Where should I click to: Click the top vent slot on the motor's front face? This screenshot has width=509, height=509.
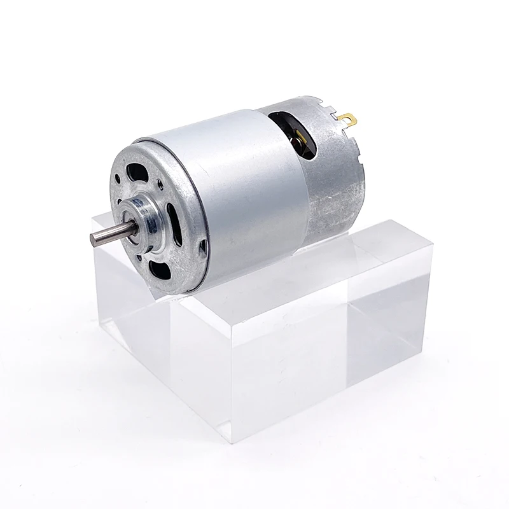pos(137,172)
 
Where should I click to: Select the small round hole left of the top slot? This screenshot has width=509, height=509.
pos(119,185)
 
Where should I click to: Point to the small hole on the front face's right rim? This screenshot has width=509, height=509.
pos(203,248)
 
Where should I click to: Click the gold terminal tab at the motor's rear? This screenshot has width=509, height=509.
pos(347,118)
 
